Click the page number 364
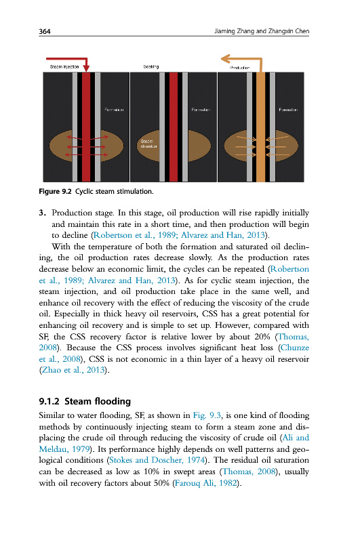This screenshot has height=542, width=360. click(x=45, y=31)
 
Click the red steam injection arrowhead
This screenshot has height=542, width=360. click(x=86, y=67)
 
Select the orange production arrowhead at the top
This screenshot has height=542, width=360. click(x=225, y=59)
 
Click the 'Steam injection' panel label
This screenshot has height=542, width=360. click(x=64, y=66)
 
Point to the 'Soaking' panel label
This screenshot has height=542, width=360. click(x=151, y=66)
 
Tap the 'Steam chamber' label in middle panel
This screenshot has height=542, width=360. click(x=148, y=144)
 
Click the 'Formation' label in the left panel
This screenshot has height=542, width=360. click(x=114, y=110)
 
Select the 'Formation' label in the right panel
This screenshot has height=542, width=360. click(x=288, y=110)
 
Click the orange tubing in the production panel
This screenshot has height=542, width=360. click(x=261, y=127)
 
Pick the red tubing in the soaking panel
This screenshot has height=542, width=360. click(x=174, y=127)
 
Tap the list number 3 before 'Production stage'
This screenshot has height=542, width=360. click(x=42, y=213)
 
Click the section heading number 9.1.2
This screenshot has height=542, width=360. click(x=49, y=401)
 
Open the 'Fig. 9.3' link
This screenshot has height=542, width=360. click(x=207, y=415)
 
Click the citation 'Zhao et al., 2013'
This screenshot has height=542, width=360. click(x=73, y=370)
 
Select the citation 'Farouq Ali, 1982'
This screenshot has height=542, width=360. click(x=206, y=483)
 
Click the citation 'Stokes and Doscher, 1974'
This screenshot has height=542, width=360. click(x=157, y=460)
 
